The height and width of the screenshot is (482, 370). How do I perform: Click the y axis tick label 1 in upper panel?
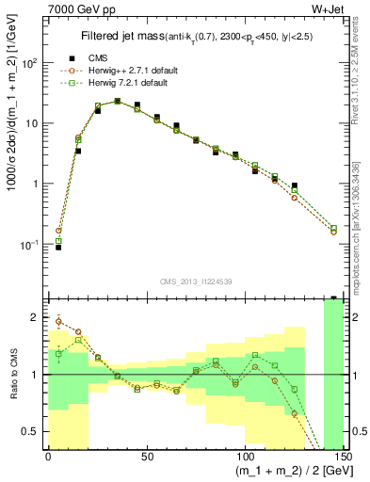click(36, 184)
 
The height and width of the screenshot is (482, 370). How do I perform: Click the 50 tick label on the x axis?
click(146, 457)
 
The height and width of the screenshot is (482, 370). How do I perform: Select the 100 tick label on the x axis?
click(244, 457)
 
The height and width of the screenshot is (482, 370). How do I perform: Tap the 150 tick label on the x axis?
click(341, 457)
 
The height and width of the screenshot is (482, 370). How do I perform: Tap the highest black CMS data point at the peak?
click(117, 101)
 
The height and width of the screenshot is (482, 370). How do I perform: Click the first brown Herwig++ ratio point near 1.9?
click(58, 322)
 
